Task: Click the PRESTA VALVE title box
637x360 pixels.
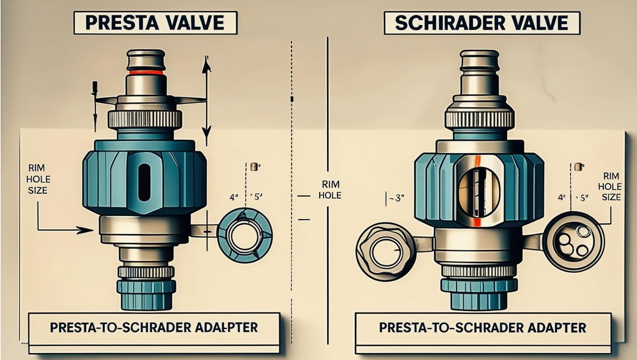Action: [x=155, y=23]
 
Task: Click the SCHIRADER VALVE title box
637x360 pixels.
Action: [x=482, y=23]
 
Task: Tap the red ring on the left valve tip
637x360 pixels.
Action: [x=146, y=72]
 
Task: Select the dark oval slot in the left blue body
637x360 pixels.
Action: [x=144, y=182]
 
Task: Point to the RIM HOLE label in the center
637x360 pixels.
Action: [x=330, y=189]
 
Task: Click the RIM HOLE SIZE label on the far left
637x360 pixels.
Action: [x=38, y=179]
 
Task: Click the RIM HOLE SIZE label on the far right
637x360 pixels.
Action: [x=611, y=186]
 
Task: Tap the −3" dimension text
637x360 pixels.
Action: [x=396, y=199]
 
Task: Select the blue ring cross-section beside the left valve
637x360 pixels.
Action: [x=245, y=236]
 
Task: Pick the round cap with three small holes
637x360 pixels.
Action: [x=573, y=242]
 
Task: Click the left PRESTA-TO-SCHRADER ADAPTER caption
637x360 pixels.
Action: [x=154, y=327]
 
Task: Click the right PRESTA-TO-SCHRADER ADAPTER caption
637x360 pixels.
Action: [x=482, y=327]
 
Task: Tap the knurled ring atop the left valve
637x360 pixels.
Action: [x=145, y=119]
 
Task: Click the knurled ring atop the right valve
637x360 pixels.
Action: [x=479, y=119]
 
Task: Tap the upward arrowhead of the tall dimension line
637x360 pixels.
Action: [x=206, y=65]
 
